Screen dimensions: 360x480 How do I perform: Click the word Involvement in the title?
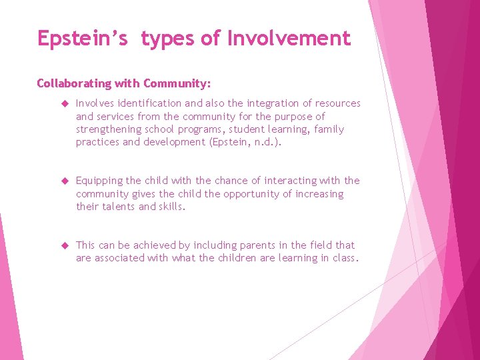289,39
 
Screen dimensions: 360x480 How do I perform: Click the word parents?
253,245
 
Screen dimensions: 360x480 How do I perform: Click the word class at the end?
346,258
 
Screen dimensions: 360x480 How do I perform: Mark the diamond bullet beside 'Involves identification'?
65,104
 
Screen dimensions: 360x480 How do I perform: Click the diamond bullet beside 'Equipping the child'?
65,181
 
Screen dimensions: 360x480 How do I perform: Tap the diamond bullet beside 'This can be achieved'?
65,246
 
